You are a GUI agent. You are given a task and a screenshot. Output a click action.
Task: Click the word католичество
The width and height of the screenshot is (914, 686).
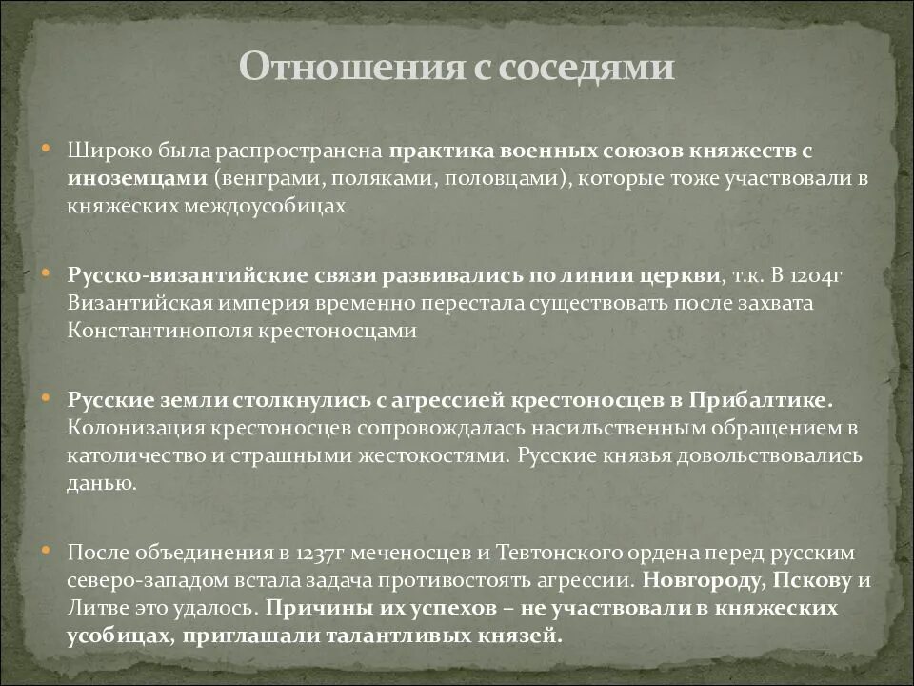[127, 454]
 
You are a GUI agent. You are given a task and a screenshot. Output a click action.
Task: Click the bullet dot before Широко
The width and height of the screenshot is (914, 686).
[46, 151]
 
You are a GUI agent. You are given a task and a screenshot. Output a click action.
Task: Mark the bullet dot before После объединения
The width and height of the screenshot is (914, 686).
[46, 552]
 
